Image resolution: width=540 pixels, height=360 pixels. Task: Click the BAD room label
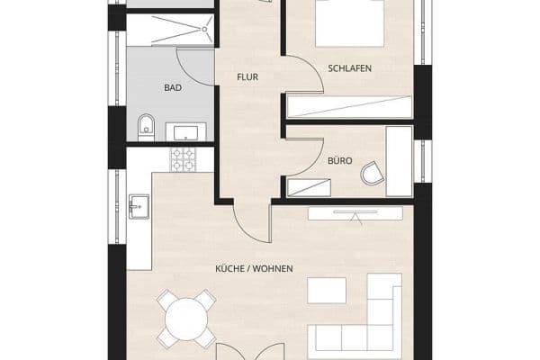tap(174, 88)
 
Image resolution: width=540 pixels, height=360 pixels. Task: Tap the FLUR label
tap(247, 77)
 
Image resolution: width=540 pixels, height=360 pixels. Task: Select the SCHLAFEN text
tap(351, 68)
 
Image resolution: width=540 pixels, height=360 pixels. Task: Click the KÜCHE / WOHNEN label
tap(255, 269)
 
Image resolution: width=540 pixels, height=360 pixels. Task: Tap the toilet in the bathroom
tap(147, 128)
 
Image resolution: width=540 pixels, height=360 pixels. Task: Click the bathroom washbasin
tap(187, 133)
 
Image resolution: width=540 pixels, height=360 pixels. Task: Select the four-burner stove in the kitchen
tap(184, 161)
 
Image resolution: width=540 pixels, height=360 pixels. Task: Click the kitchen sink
tap(137, 207)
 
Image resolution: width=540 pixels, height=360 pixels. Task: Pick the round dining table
tap(187, 318)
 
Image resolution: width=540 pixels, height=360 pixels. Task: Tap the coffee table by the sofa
tap(327, 291)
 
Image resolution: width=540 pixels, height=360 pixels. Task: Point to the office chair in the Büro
tap(371, 172)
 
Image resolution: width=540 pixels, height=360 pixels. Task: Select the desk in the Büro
tap(398, 160)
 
